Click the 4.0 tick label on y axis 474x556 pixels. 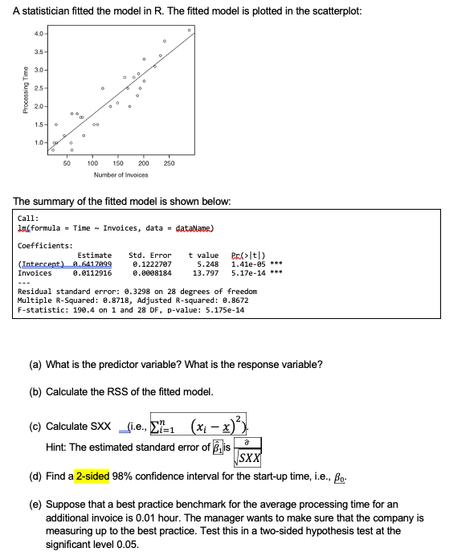click(38, 33)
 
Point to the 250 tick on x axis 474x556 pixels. click(169, 163)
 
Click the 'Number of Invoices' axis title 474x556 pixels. click(121, 174)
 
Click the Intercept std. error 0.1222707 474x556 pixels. click(152, 264)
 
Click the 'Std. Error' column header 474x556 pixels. click(150, 255)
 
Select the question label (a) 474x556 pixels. click(35, 365)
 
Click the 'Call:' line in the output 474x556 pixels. click(28, 218)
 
